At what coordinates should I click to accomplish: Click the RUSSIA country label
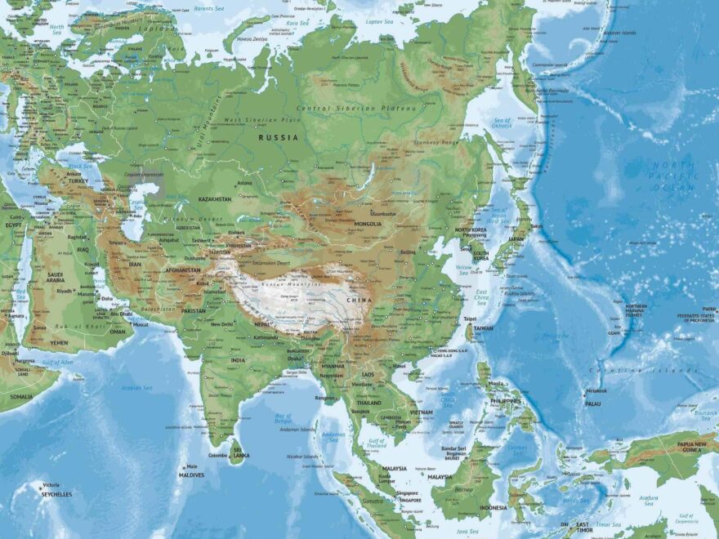279,138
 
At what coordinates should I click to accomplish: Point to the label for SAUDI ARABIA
55,277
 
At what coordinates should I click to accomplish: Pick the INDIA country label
238,360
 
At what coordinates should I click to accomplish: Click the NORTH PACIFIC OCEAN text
672,176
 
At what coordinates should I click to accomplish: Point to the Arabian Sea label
137,388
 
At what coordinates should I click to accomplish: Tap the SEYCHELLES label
56,494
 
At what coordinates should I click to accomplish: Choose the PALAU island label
592,403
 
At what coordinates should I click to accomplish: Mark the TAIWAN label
483,328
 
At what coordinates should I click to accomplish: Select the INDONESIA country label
493,507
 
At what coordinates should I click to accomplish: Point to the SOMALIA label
22,397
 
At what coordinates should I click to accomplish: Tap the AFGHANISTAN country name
182,270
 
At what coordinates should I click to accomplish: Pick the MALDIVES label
191,474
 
